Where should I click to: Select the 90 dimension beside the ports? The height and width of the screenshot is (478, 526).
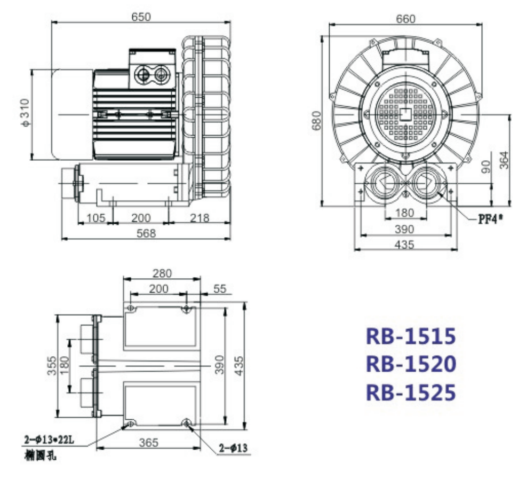click(485, 167)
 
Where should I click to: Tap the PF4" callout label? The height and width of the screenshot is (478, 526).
click(490, 219)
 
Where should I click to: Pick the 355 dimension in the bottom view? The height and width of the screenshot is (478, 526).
click(51, 366)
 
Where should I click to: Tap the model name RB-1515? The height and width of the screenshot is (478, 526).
click(410, 336)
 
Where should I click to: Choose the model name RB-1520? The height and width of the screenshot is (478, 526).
click(410, 364)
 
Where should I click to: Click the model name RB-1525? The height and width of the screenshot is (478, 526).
click(410, 393)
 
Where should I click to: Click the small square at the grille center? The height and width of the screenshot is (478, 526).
click(406, 113)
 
